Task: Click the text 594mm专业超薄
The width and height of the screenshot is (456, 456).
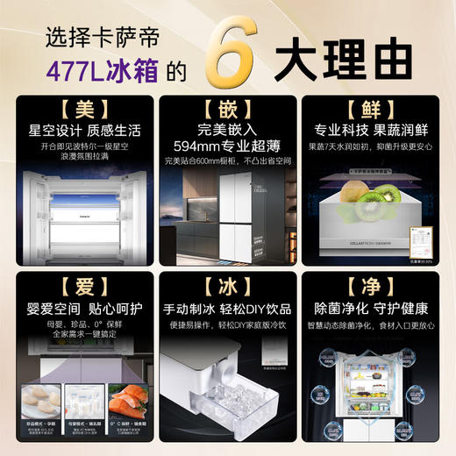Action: pyautogui.click(x=228, y=146)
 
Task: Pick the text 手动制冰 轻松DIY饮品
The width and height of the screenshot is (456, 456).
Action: pyautogui.click(x=228, y=309)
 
